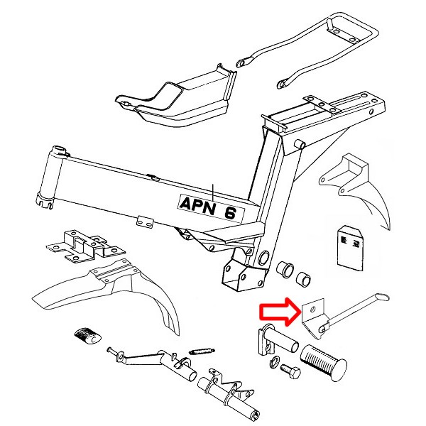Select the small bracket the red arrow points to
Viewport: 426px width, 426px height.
[312, 317]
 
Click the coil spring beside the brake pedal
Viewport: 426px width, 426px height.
[203, 350]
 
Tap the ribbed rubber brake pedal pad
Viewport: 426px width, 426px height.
[85, 336]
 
